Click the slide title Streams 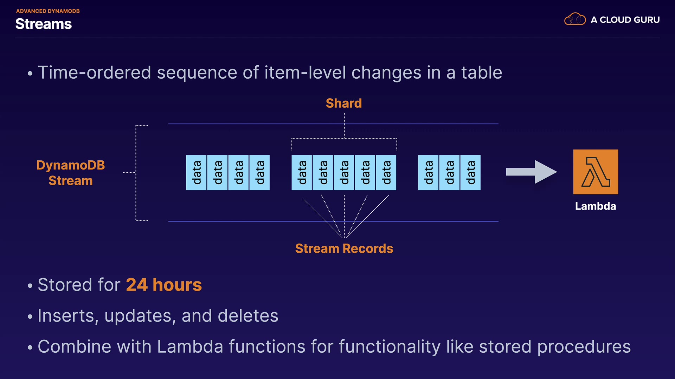tap(44, 24)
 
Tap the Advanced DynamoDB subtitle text tap(48, 11)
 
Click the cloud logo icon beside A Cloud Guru tap(575, 19)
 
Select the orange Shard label tap(343, 103)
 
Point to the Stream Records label tap(344, 248)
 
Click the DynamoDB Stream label tap(70, 173)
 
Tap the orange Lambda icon tap(596, 172)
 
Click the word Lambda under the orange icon tap(595, 206)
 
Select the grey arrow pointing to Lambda tap(531, 172)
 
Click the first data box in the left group tap(196, 173)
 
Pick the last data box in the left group tap(259, 173)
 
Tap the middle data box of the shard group tap(344, 173)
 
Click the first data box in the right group tap(428, 173)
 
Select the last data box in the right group tap(470, 173)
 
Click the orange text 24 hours tap(164, 285)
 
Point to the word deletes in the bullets tap(248, 315)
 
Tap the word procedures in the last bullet tap(584, 347)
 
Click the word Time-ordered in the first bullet tap(94, 73)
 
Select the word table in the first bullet tap(481, 73)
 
